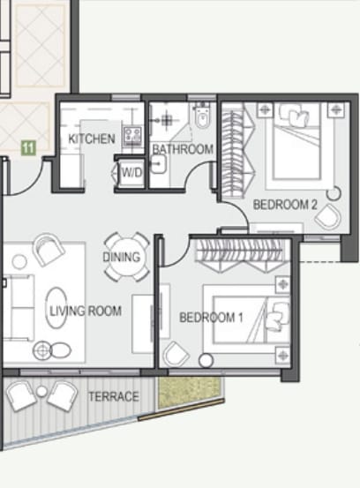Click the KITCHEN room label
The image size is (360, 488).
pos(92,139)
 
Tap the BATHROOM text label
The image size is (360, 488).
pos(183,149)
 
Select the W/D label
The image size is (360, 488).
pos(132,172)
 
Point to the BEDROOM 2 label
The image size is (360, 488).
pos(285,205)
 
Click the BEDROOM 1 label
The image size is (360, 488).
pos(211,318)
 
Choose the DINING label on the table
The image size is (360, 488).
pos(122,257)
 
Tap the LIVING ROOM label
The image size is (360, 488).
pos(86,311)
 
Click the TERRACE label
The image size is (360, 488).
pos(114,396)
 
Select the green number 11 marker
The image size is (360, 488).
pos(28,148)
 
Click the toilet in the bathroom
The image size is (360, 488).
pos(203,116)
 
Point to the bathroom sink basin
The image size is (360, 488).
pos(159,164)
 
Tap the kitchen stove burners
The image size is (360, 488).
pos(132,136)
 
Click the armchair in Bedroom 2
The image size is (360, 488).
pos(327,216)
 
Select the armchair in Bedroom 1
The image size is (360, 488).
pos(176,354)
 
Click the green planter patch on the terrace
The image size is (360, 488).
pos(189,392)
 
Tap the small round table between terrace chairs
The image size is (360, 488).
pos(41,391)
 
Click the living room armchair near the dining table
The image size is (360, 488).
pos(49,249)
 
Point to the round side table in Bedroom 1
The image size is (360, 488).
pos(206,361)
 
